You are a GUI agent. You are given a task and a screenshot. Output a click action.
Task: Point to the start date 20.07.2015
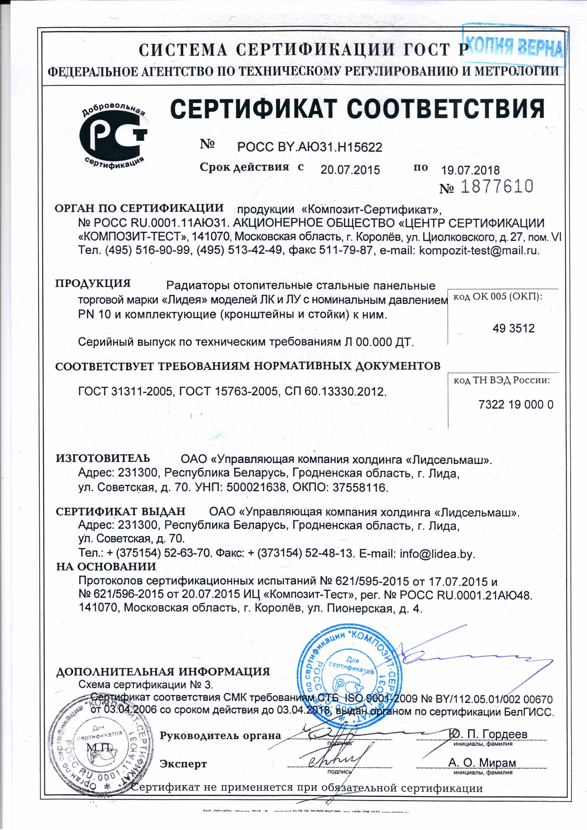350,170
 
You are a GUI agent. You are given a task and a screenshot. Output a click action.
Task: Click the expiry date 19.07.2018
470,170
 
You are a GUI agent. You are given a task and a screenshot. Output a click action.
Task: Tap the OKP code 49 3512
514,328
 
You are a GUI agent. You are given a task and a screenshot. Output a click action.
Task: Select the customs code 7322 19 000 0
516,405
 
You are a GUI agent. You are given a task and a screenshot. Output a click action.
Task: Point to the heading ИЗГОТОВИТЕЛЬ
103,458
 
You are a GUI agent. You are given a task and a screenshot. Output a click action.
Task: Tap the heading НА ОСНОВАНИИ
106,566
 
